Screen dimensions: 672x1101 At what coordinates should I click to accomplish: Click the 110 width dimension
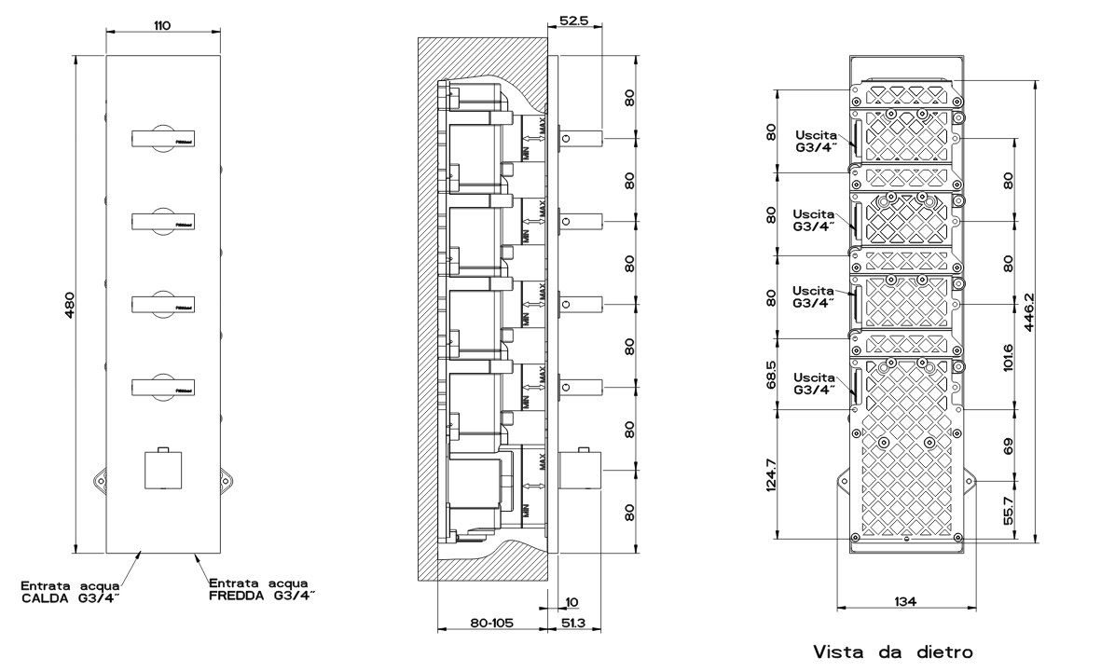[x=162, y=24]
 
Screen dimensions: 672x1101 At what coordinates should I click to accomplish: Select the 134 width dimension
[x=904, y=601]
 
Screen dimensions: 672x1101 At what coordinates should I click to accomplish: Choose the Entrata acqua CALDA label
[x=71, y=591]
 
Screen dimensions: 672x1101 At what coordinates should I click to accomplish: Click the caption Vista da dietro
[x=895, y=651]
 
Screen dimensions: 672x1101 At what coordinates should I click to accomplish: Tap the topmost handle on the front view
[x=162, y=139]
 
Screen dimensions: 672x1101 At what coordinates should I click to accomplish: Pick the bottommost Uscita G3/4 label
[x=812, y=382]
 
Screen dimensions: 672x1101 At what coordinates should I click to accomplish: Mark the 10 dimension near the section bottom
[x=571, y=601]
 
